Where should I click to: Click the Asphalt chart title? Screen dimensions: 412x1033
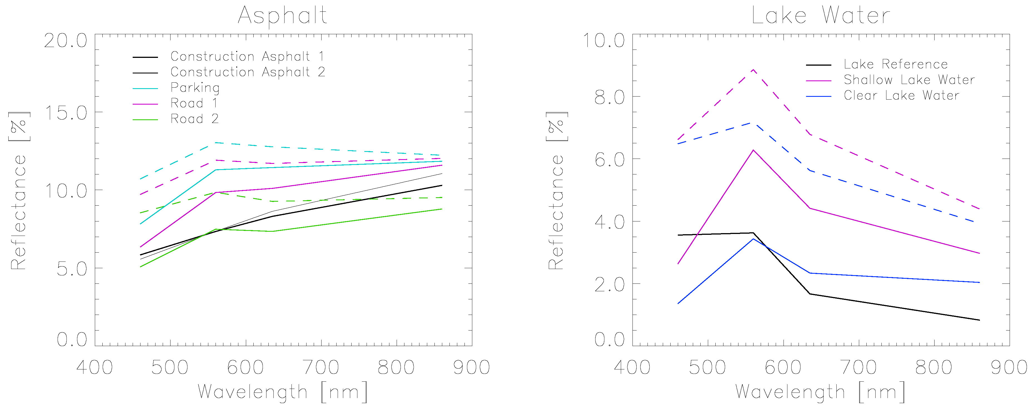[x=282, y=16]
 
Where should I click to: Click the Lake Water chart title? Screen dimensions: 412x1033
[x=821, y=16]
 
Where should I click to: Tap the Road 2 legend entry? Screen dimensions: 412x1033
[x=194, y=119]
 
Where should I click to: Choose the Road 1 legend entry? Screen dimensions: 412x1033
[x=194, y=103]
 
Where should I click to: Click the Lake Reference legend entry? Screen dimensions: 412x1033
[x=895, y=64]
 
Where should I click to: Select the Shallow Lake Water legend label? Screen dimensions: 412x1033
[x=909, y=80]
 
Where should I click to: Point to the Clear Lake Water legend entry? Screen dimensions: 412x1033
[x=901, y=95]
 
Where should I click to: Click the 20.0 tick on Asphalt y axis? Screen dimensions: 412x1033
[x=66, y=41]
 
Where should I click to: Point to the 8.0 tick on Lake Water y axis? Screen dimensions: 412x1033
[x=609, y=97]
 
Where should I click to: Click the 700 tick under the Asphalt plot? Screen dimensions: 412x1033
[x=321, y=367]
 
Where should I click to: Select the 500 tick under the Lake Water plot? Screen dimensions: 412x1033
[x=707, y=367]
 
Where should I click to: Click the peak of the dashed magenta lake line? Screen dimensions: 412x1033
[x=753, y=70]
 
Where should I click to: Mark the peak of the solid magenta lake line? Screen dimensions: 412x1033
[x=753, y=150]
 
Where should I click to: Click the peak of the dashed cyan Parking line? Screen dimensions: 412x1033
[x=216, y=142]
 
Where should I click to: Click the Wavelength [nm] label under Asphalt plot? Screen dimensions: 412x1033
[x=282, y=392]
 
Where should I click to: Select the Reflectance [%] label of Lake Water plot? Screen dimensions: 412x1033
[x=557, y=191]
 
